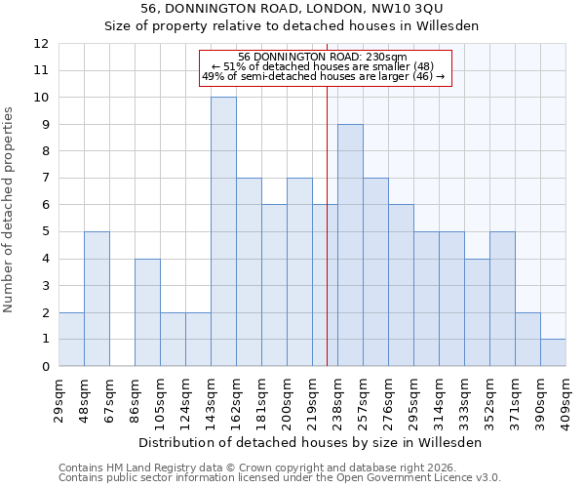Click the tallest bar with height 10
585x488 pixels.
223,231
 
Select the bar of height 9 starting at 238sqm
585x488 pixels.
350,245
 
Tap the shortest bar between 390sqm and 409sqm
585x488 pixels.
553,352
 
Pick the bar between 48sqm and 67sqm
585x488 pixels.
97,299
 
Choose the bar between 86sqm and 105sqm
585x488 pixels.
147,312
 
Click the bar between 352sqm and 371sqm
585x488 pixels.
502,299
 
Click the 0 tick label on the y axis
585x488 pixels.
45,367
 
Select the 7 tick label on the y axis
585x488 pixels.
45,179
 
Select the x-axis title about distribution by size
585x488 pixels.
312,442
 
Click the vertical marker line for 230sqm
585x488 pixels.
327,244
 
